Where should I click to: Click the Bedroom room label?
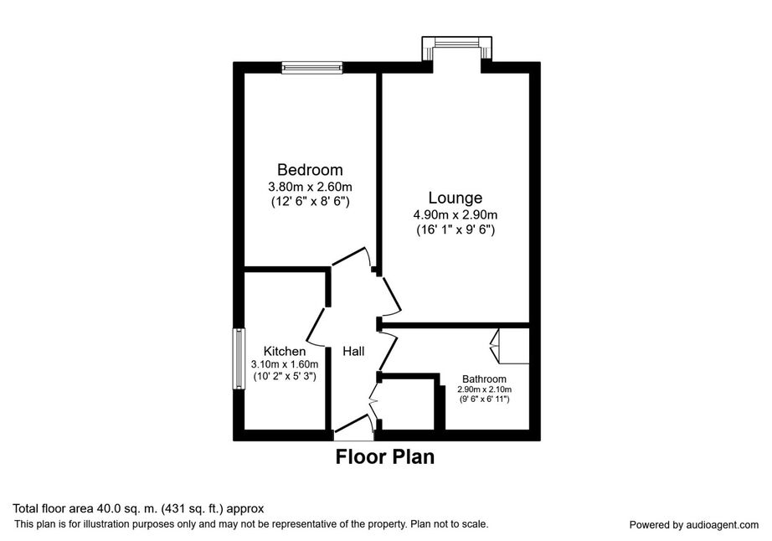pyautogui.click(x=310, y=170)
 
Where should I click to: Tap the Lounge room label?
pyautogui.click(x=455, y=198)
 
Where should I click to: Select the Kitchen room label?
pyautogui.click(x=285, y=351)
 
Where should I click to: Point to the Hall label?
pyautogui.click(x=353, y=351)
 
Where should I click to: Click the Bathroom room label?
pyautogui.click(x=484, y=379)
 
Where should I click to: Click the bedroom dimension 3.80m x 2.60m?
pyautogui.click(x=310, y=187)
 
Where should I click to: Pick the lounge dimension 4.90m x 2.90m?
pyautogui.click(x=455, y=215)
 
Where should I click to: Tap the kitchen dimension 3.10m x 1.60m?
pyautogui.click(x=285, y=365)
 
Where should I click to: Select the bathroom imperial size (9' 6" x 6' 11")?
pyautogui.click(x=484, y=399)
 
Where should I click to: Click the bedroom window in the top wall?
pyautogui.click(x=311, y=68)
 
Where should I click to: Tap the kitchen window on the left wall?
pyautogui.click(x=239, y=359)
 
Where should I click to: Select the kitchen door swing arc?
pyautogui.click(x=316, y=326)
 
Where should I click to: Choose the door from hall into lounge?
pyautogui.click(x=390, y=296)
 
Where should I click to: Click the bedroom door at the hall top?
pyautogui.click(x=351, y=256)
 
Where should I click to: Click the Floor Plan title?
pyautogui.click(x=385, y=456)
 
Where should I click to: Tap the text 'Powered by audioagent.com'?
pyautogui.click(x=694, y=525)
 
